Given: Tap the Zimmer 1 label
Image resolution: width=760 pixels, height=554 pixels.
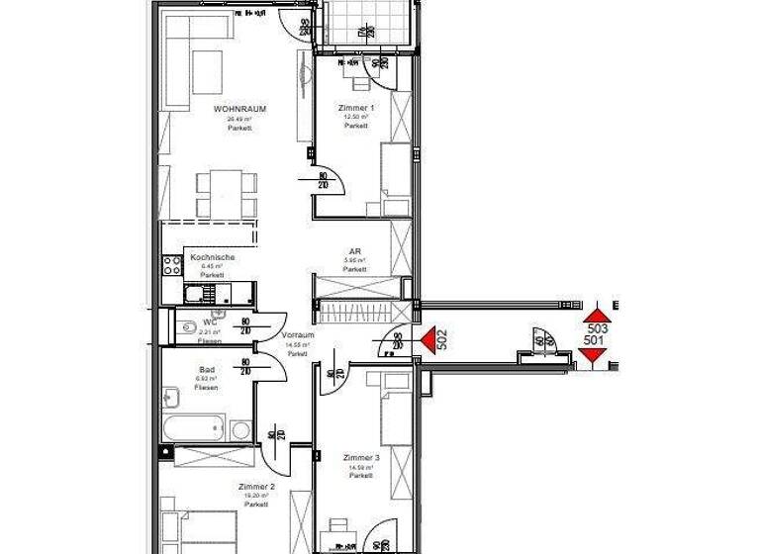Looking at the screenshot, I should click(357, 107).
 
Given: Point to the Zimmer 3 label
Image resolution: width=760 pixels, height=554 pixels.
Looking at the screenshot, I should click(361, 458).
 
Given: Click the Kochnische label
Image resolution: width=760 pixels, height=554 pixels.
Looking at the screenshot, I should click(212, 257).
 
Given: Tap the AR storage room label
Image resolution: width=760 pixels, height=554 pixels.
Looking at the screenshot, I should click(354, 252).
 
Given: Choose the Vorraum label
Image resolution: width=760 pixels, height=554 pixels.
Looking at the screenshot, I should click(298, 335).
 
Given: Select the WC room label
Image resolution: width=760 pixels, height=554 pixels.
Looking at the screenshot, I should click(209, 322).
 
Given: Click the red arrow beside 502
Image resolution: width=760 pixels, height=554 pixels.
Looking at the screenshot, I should click(427, 339).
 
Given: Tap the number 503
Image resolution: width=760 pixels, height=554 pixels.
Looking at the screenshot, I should click(596, 327).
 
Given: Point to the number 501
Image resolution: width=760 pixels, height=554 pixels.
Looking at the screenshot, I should click(595, 341).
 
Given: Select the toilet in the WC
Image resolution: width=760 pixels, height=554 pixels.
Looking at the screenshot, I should click(187, 327).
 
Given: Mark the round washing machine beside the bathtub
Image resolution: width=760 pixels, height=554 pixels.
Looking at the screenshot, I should click(240, 430).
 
